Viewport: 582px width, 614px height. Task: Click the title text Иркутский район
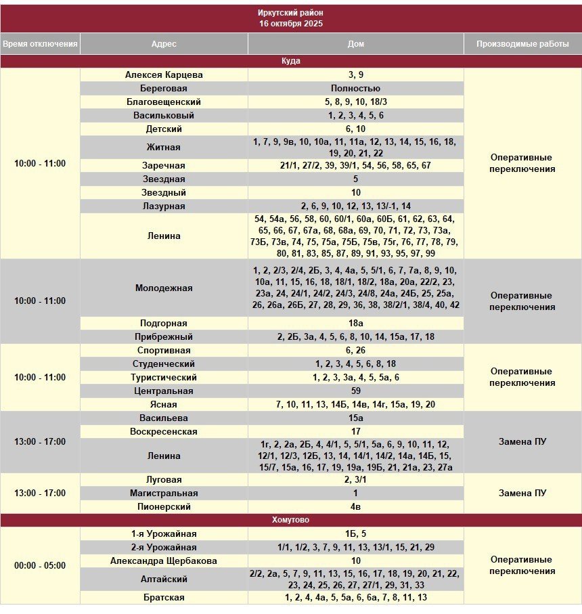[290, 13]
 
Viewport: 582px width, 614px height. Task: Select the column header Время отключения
[40, 44]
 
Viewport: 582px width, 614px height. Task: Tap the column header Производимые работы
[522, 44]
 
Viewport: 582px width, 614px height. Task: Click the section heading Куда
[290, 61]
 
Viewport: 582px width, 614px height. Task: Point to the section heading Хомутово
[290, 520]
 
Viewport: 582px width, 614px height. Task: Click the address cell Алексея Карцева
[164, 75]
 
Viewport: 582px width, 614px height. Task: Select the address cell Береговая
[164, 89]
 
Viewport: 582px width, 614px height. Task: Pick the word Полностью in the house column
[355, 89]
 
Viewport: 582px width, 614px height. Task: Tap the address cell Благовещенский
[164, 102]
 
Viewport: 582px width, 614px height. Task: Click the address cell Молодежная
[164, 288]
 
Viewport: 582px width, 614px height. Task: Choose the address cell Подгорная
[164, 324]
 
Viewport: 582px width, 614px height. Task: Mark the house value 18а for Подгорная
[355, 324]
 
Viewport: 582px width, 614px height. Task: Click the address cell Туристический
[164, 378]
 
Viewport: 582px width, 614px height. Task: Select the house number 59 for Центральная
[355, 391]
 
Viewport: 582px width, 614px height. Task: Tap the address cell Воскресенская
[164, 432]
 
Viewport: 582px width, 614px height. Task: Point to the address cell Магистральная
[164, 494]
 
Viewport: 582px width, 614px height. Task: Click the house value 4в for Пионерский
[355, 507]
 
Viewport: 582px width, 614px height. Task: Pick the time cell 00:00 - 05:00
[40, 565]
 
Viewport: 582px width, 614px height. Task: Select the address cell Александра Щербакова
[164, 561]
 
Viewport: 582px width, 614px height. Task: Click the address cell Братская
[164, 598]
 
